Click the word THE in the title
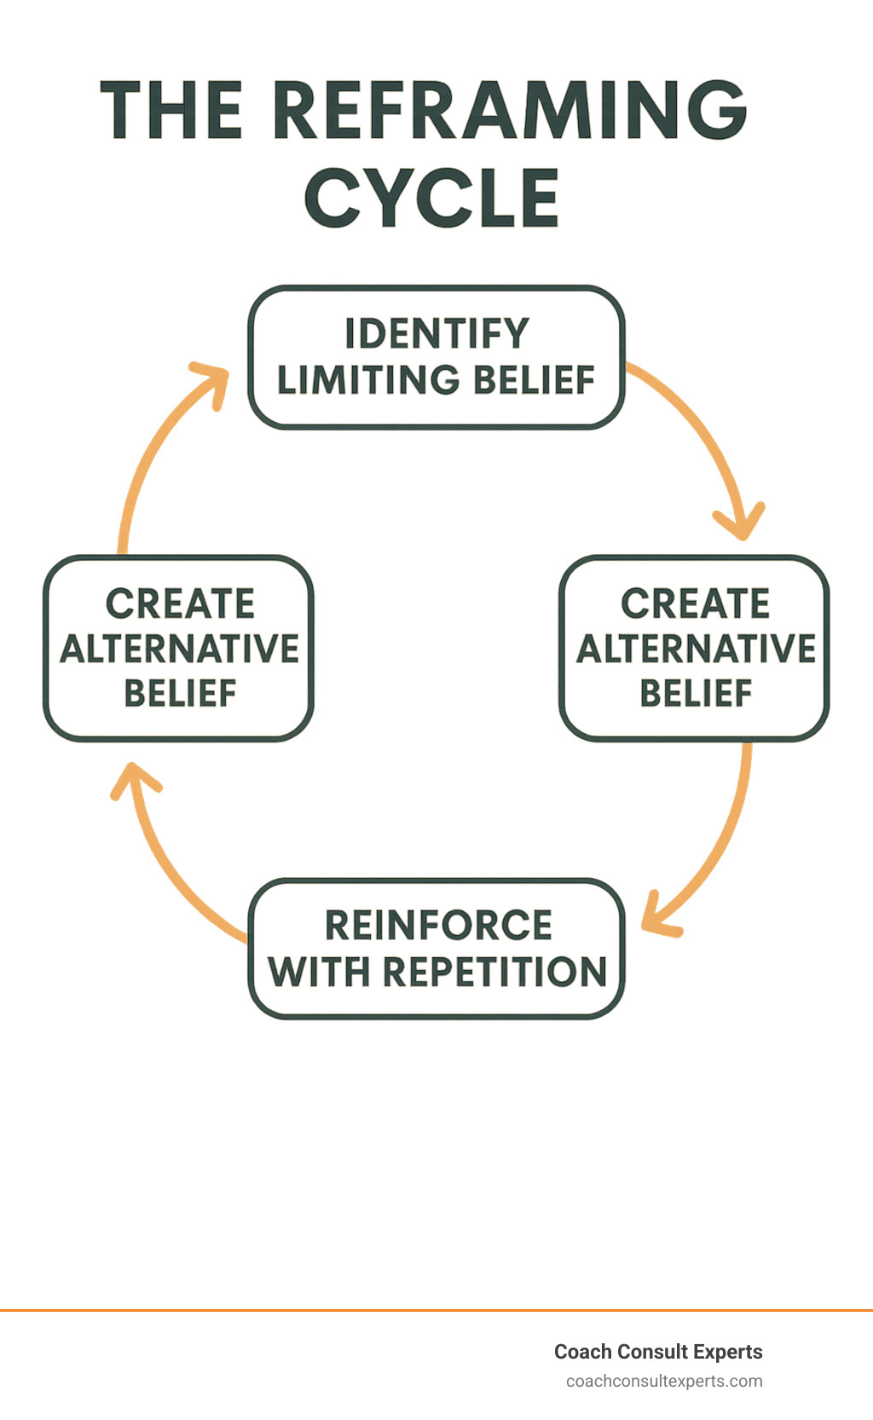coord(171,111)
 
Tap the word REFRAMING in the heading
coord(512,111)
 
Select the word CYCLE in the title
coord(431,198)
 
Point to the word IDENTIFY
coord(436,334)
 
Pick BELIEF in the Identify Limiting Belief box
coord(534,380)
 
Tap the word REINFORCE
coord(438,926)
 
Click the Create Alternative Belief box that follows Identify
coord(694,648)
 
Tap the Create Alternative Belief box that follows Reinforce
coord(179,648)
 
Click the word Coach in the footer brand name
coord(582,1352)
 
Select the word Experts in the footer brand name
coord(727,1352)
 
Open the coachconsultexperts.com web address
coord(664,1381)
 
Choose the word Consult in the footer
coord(652,1352)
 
